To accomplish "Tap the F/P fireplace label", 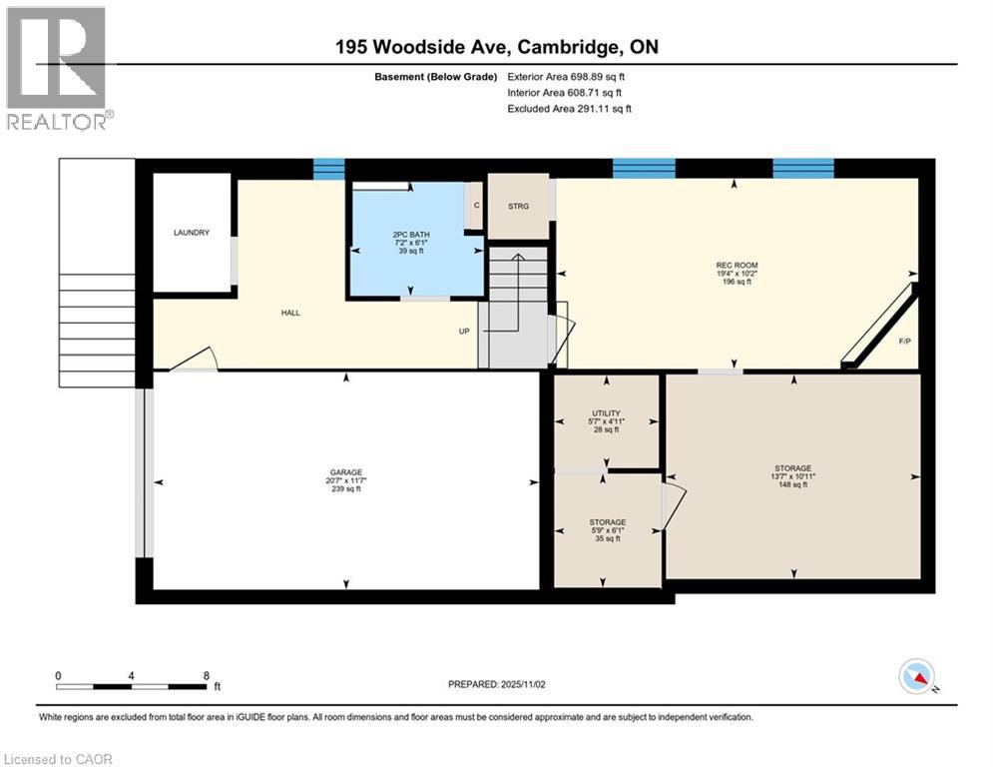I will point(904,342).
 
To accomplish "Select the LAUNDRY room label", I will point(191,233).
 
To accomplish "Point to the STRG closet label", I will point(518,207).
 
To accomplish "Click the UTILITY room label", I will point(606,413).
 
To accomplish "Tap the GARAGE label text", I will point(346,472).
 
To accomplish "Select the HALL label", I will point(289,313).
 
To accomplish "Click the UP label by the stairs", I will point(464,332).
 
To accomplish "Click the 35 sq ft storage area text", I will point(607,538).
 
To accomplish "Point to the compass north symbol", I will point(916,677).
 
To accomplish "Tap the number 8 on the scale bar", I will point(206,675).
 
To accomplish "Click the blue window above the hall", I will point(328,169).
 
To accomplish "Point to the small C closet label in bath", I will point(476,206).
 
